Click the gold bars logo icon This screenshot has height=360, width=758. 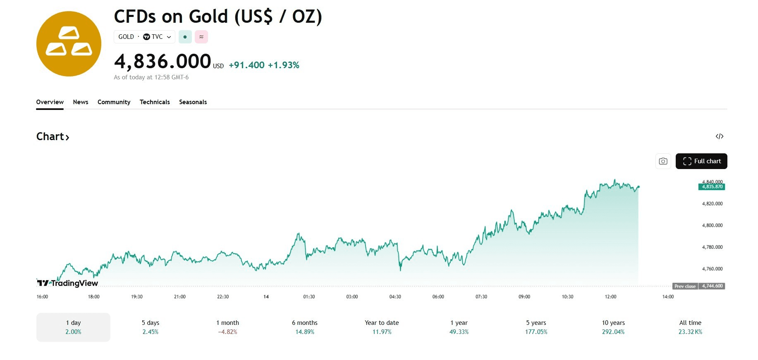pyautogui.click(x=69, y=44)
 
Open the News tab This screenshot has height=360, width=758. pyautogui.click(x=81, y=102)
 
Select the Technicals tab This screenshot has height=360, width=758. pyautogui.click(x=155, y=102)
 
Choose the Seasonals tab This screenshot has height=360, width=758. pyautogui.click(x=193, y=102)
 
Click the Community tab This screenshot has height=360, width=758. pyautogui.click(x=114, y=102)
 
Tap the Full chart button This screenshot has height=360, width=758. pyautogui.click(x=701, y=161)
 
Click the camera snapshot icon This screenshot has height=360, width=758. pyautogui.click(x=663, y=161)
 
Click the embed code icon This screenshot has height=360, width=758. pyautogui.click(x=720, y=136)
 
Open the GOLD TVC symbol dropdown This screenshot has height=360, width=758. pyautogui.click(x=144, y=37)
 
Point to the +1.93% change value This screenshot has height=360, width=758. pyautogui.click(x=283, y=65)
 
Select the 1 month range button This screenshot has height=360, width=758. pyautogui.click(x=227, y=327)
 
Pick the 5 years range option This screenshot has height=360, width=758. pyautogui.click(x=536, y=327)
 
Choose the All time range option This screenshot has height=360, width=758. pyautogui.click(x=690, y=327)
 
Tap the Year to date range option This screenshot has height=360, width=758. pyautogui.click(x=382, y=327)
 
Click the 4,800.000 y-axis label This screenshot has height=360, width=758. pyautogui.click(x=712, y=225)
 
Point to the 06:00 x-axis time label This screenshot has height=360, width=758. pyautogui.click(x=438, y=297)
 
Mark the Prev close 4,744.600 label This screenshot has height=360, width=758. pyautogui.click(x=699, y=286)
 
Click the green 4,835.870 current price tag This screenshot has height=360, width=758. pyautogui.click(x=712, y=187)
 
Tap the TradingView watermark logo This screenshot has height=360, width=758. pyautogui.click(x=67, y=283)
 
